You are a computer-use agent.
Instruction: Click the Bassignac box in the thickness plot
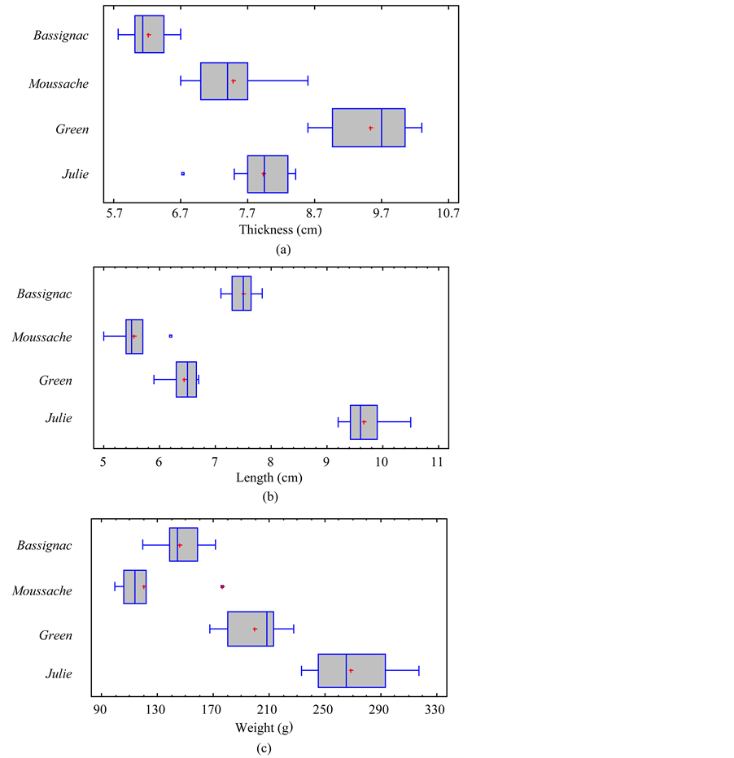(149, 34)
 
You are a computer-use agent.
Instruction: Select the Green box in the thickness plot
(368, 128)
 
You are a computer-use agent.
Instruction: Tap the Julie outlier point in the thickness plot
(182, 173)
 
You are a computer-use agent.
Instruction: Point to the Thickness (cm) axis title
(280, 229)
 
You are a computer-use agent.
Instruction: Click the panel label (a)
(282, 250)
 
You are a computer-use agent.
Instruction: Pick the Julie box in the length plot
(364, 422)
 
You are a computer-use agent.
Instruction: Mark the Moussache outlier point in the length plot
(170, 336)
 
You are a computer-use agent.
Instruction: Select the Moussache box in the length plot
(134, 337)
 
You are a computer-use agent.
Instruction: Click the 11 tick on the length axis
(438, 462)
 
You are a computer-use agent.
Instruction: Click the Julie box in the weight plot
(352, 671)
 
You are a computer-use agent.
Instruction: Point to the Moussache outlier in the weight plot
(222, 586)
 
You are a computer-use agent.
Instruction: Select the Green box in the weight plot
(251, 629)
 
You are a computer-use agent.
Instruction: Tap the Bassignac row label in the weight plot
(45, 545)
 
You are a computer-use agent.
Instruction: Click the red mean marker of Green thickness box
(371, 128)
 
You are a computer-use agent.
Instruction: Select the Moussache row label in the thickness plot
(59, 83)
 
